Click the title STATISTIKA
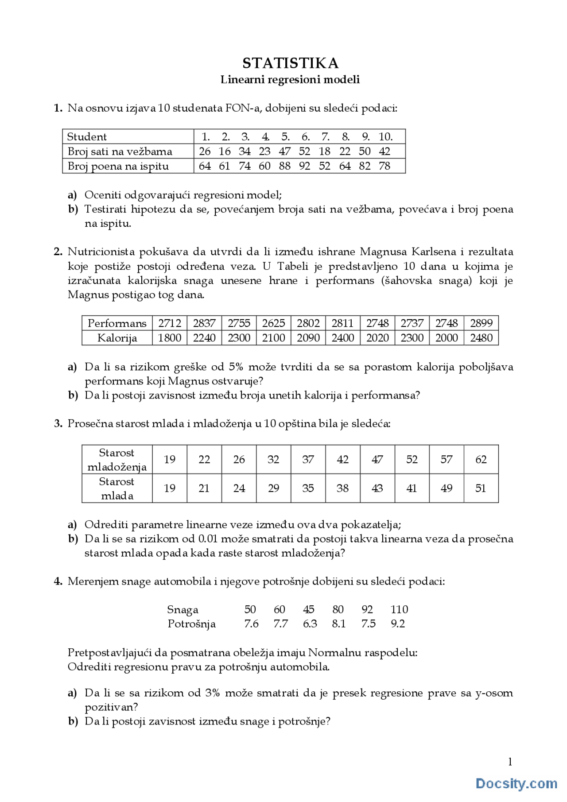pyautogui.click(x=290, y=63)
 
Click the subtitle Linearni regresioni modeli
pyautogui.click(x=290, y=80)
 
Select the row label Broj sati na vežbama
pyautogui.click(x=120, y=151)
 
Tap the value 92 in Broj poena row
pyautogui.click(x=304, y=166)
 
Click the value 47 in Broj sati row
pyautogui.click(x=284, y=151)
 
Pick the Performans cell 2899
pyautogui.click(x=481, y=323)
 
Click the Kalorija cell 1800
pyautogui.click(x=170, y=338)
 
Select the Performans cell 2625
pyautogui.click(x=273, y=323)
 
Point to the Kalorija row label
pyautogui.click(x=117, y=338)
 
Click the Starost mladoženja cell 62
pyautogui.click(x=481, y=460)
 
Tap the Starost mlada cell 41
pyautogui.click(x=412, y=488)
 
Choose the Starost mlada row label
pyautogui.click(x=117, y=488)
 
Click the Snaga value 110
pyautogui.click(x=399, y=610)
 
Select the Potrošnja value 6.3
pyautogui.click(x=310, y=624)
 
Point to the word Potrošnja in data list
pyautogui.click(x=191, y=624)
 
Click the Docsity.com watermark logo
pyautogui.click(x=516, y=783)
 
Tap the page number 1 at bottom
pyautogui.click(x=510, y=762)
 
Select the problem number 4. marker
pyautogui.click(x=58, y=581)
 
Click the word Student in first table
pyautogui.click(x=87, y=137)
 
